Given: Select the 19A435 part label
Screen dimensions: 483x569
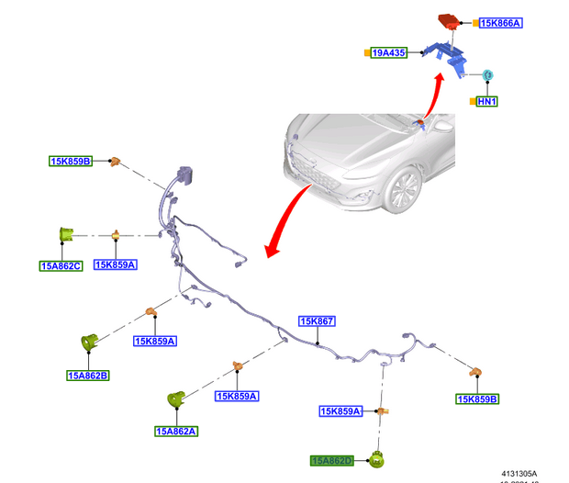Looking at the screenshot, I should (x=389, y=53).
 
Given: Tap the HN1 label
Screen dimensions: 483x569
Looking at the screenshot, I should (x=487, y=101).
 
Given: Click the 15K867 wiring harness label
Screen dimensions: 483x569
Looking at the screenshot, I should (x=317, y=321).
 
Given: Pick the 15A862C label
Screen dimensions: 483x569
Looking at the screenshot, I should (x=61, y=265).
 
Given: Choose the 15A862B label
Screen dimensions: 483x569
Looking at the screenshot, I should (x=88, y=375).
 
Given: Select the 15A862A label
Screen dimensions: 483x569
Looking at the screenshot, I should (x=176, y=430).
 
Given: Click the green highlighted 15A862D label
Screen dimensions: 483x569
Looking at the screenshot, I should (x=331, y=460).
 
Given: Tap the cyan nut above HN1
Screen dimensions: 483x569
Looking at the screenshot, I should (x=488, y=73).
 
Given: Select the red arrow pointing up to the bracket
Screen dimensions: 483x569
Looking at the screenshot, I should (x=437, y=95).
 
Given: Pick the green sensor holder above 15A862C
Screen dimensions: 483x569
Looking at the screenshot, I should (x=66, y=233).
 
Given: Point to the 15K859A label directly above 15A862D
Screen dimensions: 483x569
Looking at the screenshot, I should (x=340, y=411).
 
